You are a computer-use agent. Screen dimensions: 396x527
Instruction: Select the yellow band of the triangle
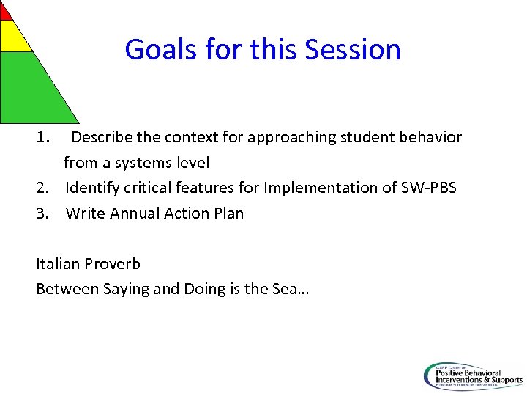[x=13, y=37]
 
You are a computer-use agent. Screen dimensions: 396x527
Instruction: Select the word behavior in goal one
[x=430, y=137]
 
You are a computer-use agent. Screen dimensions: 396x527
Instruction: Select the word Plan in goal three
[x=228, y=213]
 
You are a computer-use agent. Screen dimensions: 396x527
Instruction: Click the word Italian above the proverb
[x=58, y=264]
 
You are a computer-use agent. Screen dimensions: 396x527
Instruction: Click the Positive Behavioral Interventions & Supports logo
[x=473, y=375]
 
